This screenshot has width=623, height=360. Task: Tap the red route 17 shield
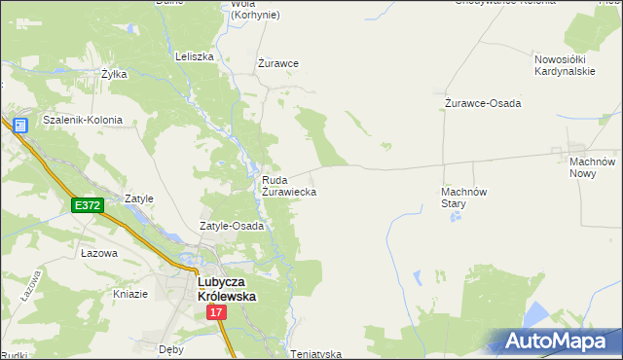(x=216, y=312)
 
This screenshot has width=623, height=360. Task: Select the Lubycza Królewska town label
(x=227, y=289)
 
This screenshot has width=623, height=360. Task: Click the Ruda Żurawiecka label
(x=289, y=186)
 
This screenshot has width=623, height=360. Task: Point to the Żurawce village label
(x=277, y=63)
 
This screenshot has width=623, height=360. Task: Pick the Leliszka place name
(x=195, y=56)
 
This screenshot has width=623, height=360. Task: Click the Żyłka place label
(x=115, y=73)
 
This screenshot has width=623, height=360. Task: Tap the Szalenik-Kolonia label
(x=83, y=121)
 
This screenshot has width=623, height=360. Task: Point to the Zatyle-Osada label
(x=233, y=226)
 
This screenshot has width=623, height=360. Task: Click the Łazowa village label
(x=99, y=253)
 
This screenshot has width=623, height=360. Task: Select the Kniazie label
(x=130, y=294)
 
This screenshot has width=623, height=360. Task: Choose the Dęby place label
(x=171, y=347)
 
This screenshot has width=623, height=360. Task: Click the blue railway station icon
(x=19, y=125)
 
